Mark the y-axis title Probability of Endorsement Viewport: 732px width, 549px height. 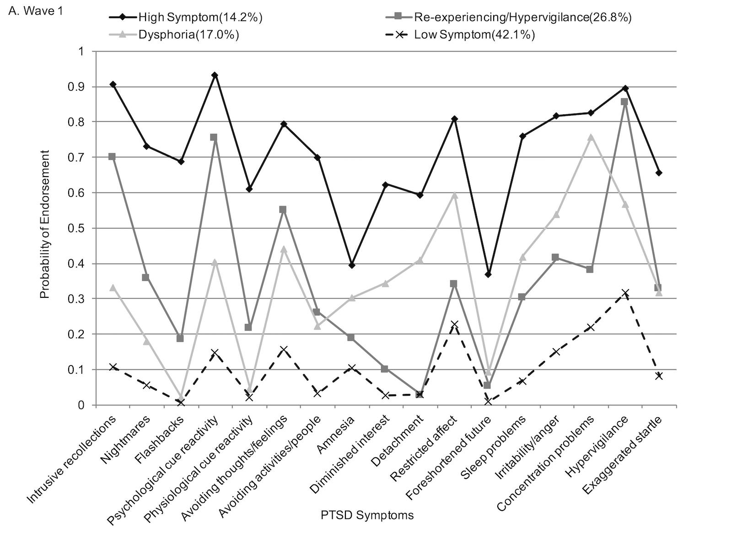tap(44, 228)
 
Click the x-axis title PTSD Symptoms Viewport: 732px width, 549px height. tap(367, 515)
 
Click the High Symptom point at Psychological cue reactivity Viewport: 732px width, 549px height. tap(215, 75)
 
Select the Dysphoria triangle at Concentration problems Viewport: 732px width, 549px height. tap(591, 137)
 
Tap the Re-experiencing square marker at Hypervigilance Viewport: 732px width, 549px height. tap(624, 102)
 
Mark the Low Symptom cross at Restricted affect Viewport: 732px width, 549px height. tap(454, 324)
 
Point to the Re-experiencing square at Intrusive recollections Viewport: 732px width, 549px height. tap(112, 156)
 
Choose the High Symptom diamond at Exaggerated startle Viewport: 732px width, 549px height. tap(659, 173)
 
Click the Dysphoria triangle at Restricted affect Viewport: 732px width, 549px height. tap(454, 195)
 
